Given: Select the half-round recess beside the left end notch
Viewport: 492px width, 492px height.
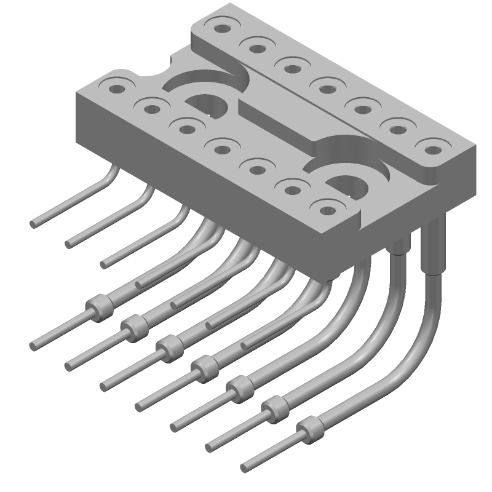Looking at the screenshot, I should coord(207,105).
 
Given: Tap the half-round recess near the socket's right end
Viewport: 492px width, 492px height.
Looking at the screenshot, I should coord(349,182).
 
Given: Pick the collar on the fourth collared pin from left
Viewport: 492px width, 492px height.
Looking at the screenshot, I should coord(205,368).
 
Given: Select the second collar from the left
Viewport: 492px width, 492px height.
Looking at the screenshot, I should coord(134,326).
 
